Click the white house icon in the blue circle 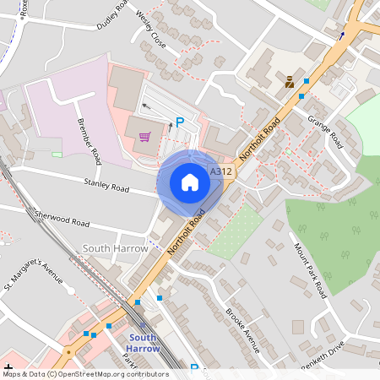189,182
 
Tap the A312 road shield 220,171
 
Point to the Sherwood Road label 62,220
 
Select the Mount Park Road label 309,270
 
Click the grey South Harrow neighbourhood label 116,249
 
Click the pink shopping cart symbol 145,137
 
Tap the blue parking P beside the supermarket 179,122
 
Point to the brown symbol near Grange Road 290,82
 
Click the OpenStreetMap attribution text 85,373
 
